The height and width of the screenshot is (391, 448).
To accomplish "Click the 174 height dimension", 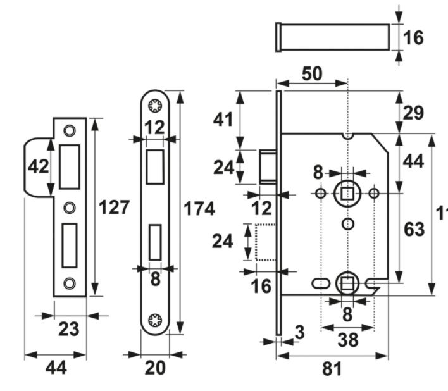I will pos(199,208).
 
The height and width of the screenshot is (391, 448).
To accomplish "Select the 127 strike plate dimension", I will pos(114,207).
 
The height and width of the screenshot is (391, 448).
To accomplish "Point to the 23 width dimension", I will pos(69,330).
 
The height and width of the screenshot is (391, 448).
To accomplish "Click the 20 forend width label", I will pos(154,368).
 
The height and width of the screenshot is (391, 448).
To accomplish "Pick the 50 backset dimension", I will pos(311,74).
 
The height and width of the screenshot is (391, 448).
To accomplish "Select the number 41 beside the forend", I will pos(223,119).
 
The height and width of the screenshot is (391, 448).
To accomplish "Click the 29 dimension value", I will pos(413,113).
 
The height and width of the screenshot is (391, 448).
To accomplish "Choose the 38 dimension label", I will pos(348,340).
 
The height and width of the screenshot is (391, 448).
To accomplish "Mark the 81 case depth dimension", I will pos(332,369).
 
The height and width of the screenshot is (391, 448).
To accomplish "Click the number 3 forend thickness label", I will pos(299,332).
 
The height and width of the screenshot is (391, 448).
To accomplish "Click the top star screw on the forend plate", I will pos(155,106).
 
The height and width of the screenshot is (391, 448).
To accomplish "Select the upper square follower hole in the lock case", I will pos(347,192).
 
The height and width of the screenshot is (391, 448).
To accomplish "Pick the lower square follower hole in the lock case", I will pos(347,283).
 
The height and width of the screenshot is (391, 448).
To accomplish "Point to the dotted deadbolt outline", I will pos(264,242).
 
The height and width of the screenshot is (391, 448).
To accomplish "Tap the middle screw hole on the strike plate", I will pos(70,207).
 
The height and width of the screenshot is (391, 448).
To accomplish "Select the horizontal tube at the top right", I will pos(333,37).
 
